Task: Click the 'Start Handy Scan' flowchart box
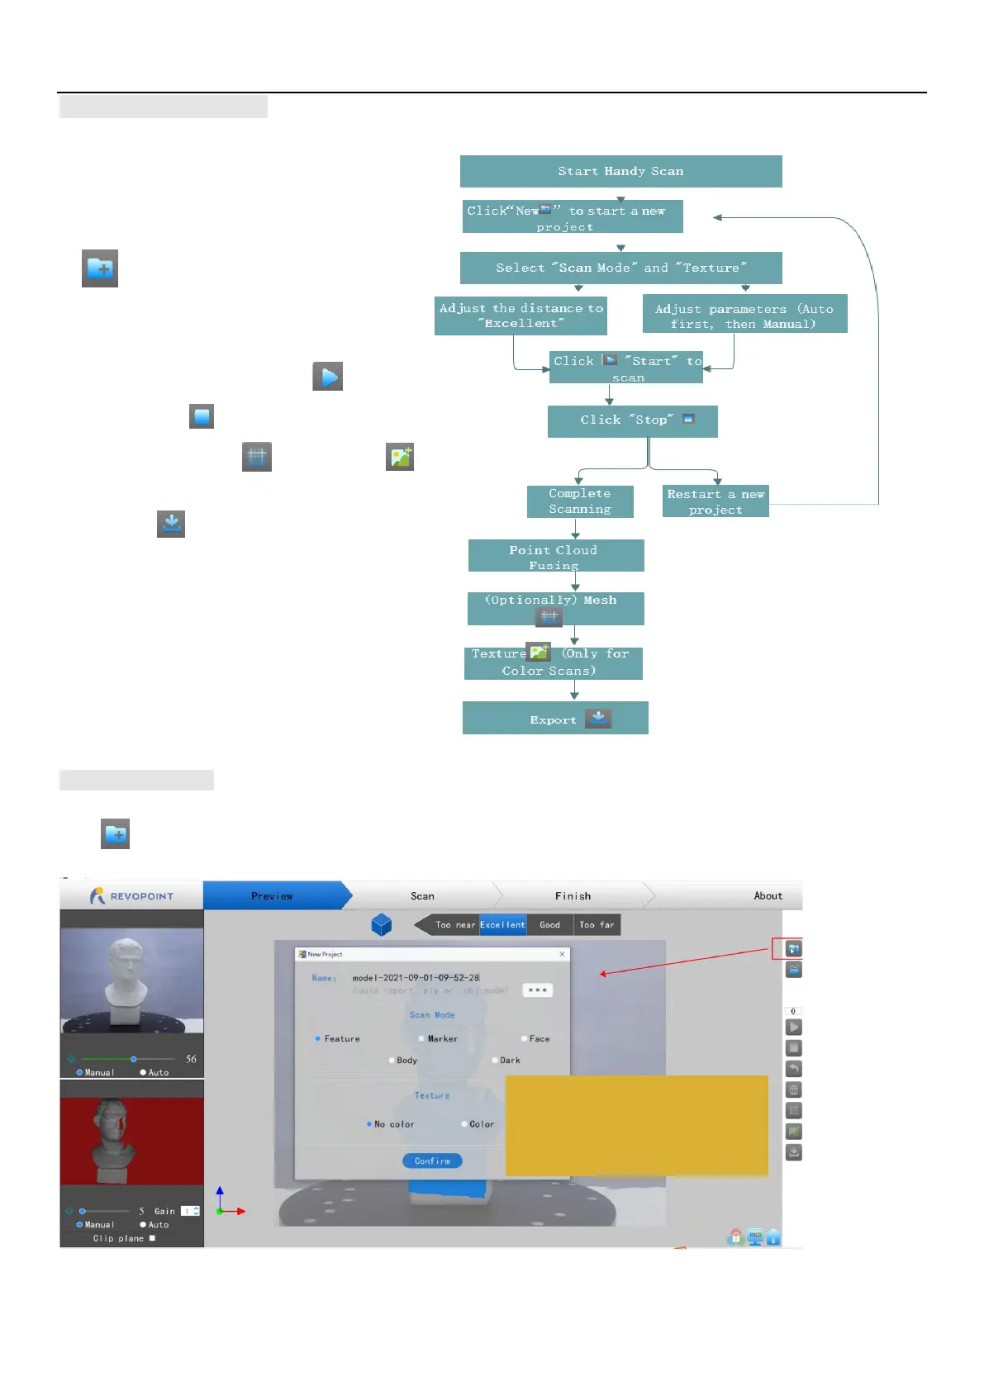[620, 171]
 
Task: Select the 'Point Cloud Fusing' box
[555, 556]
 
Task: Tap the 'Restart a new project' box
[715, 501]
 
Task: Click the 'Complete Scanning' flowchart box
[580, 501]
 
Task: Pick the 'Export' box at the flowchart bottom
[555, 719]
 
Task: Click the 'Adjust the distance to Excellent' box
[521, 316]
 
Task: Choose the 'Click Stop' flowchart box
[632, 420]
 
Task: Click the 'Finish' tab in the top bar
[573, 896]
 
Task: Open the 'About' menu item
[768, 896]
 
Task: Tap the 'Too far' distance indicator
[597, 925]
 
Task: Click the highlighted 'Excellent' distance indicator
[502, 925]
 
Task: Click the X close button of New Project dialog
[563, 954]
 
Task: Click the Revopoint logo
[131, 896]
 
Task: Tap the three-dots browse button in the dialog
[537, 990]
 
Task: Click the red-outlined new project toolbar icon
[793, 949]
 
